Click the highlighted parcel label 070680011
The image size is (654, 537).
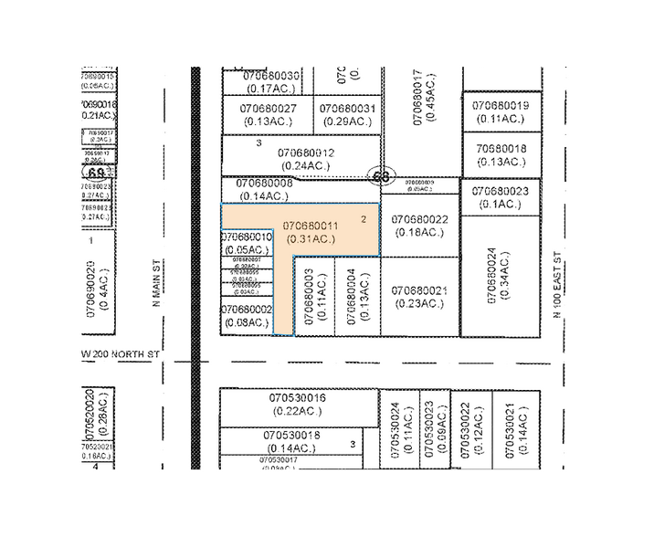pyautogui.click(x=311, y=225)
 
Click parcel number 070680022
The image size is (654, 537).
pyautogui.click(x=419, y=220)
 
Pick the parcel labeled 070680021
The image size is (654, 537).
pyautogui.click(x=419, y=290)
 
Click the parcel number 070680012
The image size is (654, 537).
pyautogui.click(x=306, y=153)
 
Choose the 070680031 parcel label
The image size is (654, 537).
pyautogui.click(x=347, y=108)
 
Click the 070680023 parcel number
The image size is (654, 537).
pyautogui.click(x=501, y=190)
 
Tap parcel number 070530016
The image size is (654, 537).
pyautogui.click(x=299, y=399)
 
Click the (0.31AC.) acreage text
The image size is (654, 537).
pyautogui.click(x=311, y=238)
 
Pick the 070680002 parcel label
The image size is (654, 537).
pyautogui.click(x=248, y=310)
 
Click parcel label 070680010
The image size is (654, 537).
pyautogui.click(x=248, y=237)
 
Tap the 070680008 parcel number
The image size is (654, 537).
pyautogui.click(x=265, y=183)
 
